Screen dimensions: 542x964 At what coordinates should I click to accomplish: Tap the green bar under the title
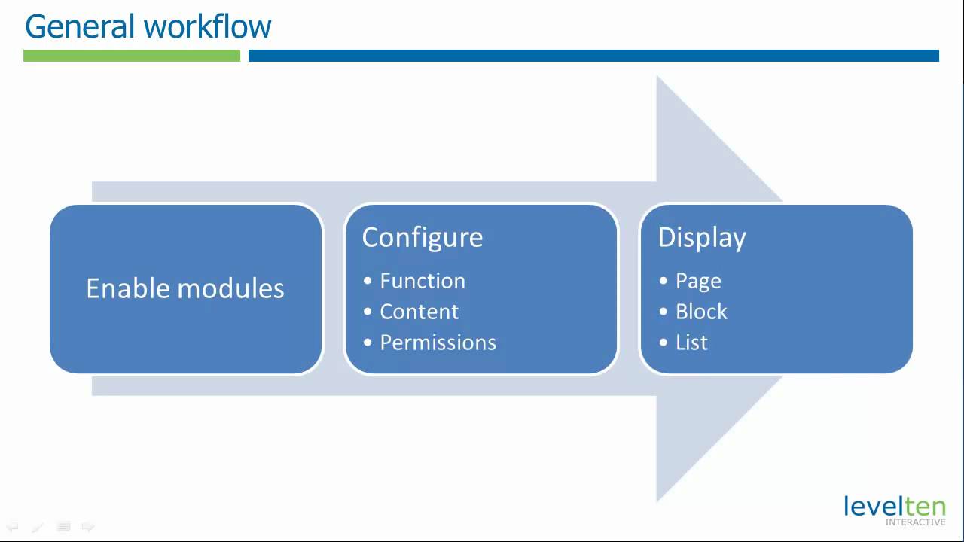point(132,56)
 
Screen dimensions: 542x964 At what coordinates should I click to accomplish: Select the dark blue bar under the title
point(593,56)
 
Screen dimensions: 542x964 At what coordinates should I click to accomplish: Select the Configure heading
point(422,237)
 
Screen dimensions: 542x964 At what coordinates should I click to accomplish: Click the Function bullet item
point(422,281)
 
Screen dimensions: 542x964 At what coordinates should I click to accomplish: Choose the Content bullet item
point(419,312)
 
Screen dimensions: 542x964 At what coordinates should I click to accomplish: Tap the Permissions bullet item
point(438,343)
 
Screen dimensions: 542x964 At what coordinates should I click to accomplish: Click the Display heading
point(701,237)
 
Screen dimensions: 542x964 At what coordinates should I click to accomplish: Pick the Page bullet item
point(698,281)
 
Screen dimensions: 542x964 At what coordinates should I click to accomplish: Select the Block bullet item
point(701,312)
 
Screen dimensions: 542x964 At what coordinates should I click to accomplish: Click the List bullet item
point(691,343)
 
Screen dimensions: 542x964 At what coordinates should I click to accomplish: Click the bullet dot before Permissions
point(368,343)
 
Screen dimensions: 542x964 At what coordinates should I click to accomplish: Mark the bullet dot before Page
point(664,281)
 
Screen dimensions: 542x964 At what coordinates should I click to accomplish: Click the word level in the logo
point(868,506)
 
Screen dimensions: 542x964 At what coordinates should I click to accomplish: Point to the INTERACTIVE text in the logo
point(915,522)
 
